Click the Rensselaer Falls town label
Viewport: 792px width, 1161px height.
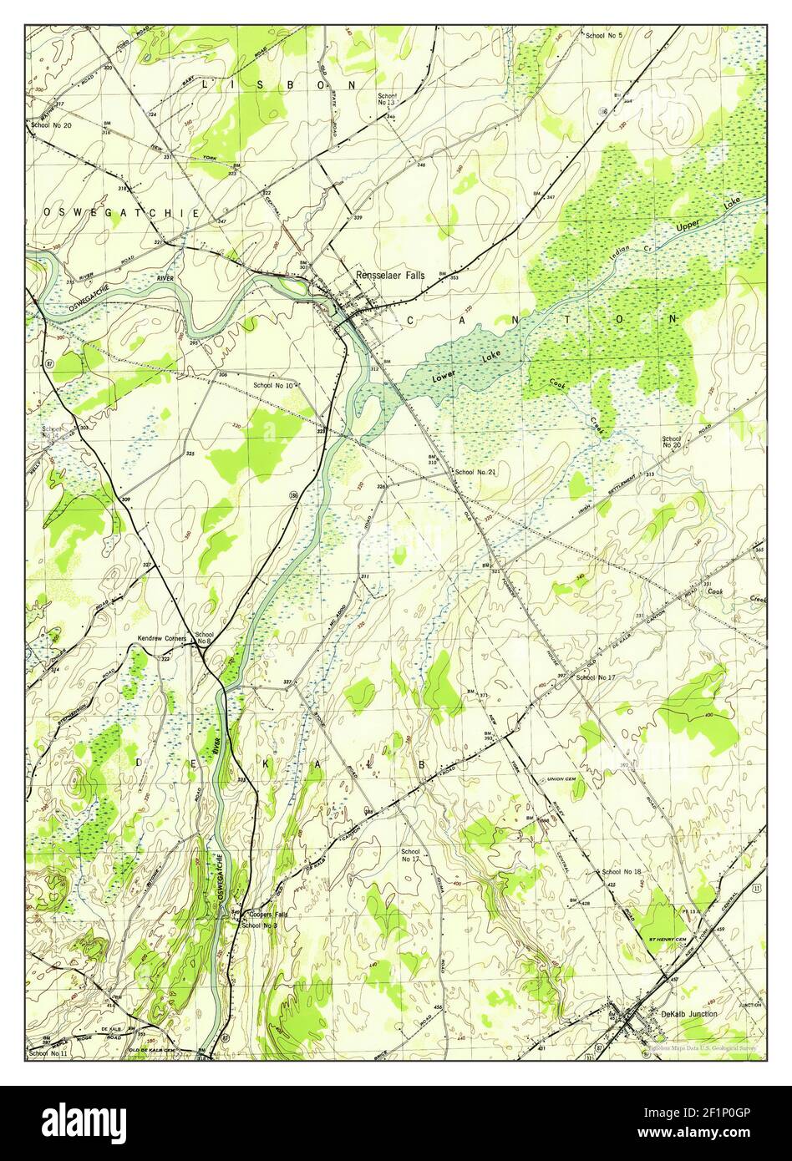[x=389, y=275]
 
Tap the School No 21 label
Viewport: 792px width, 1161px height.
[x=475, y=473]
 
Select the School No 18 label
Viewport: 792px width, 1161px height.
[x=622, y=872]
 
